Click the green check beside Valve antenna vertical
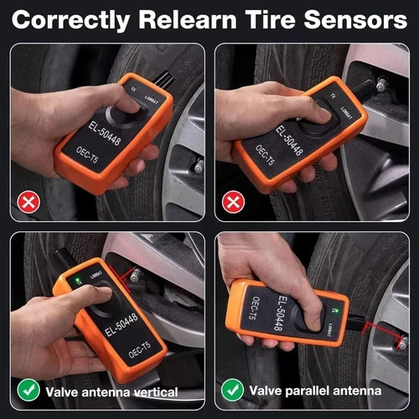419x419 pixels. pos(28,390)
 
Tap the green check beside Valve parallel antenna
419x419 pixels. pos(232,390)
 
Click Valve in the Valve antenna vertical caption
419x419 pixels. pos(65,391)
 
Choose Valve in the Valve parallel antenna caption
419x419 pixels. pos(268,391)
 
